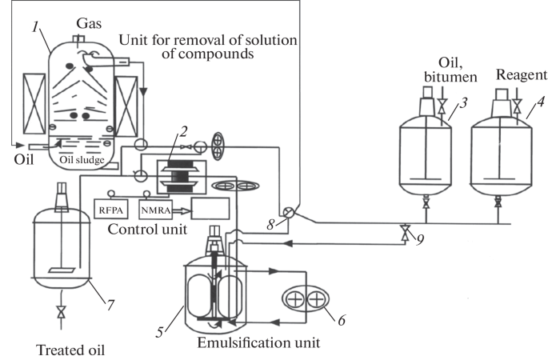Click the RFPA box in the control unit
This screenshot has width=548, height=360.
(110, 209)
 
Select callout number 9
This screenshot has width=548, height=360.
(419, 238)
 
